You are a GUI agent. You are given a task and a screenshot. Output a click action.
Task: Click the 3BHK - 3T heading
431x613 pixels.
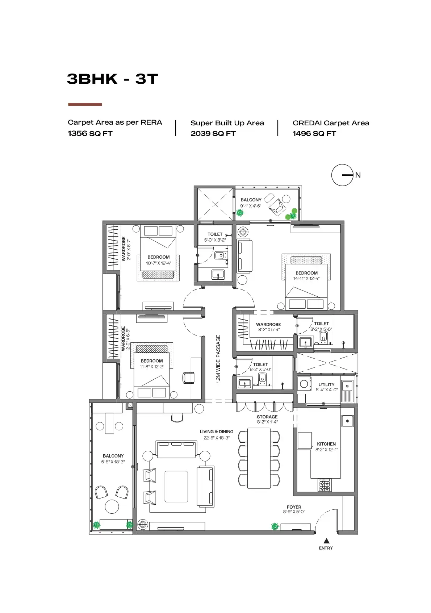pos(112,79)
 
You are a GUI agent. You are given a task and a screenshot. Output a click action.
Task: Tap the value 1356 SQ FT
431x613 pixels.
pos(90,133)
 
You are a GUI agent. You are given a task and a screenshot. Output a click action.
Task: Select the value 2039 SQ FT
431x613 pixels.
pos(213,133)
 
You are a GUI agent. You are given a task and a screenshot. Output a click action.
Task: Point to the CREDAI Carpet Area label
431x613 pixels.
pos(331,123)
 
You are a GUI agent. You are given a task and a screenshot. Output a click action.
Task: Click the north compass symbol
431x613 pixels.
pos(343,175)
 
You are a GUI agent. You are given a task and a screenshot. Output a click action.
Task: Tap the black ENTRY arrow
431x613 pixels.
pos(326,541)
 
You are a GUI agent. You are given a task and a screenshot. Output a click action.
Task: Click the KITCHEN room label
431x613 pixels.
pos(326,444)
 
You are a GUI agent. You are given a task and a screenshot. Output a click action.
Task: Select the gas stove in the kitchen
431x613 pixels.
pos(325,485)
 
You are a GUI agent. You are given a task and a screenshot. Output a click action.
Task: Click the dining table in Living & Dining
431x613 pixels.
pos(259,458)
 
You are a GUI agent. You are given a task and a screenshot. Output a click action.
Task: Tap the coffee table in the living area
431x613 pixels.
pos(176,486)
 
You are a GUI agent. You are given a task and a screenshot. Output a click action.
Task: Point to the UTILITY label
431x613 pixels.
pos(326,385)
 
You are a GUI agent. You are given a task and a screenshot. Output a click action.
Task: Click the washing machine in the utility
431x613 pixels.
pos(304,384)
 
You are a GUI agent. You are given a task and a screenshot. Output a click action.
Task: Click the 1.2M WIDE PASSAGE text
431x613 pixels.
pos(218,359)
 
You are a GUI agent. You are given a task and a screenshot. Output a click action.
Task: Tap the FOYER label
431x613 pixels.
pos(294,507)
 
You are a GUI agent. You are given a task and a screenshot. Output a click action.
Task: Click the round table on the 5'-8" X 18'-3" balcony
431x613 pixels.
pos(112,506)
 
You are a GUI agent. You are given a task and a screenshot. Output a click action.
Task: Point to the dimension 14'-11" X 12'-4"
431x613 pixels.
pos(306,279)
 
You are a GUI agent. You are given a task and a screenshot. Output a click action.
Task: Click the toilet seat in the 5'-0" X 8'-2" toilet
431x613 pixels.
pos(220,255)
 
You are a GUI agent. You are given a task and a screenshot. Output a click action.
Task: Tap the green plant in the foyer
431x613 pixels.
pos(275,526)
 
